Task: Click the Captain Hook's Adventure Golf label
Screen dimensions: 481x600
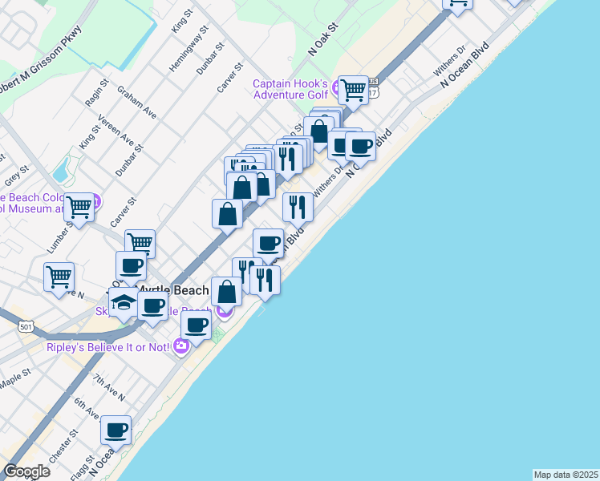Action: [290, 89]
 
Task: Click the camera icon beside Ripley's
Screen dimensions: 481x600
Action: [181, 346]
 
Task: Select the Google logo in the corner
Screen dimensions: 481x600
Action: [26, 471]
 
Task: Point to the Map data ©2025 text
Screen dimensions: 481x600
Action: [566, 475]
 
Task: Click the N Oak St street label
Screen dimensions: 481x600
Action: [324, 39]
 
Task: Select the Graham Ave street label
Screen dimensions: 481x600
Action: [137, 103]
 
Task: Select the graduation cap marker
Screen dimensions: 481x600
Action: [124, 302]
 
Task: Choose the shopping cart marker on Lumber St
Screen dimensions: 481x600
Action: [79, 207]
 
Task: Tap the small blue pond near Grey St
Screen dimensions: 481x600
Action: [61, 170]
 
